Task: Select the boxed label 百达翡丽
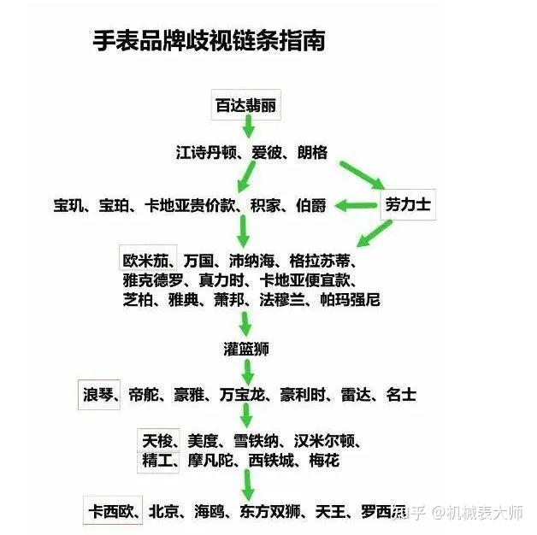click(245, 106)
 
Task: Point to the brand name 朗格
click(312, 154)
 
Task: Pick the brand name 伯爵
click(311, 206)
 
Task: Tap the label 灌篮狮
click(246, 349)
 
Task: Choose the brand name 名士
click(401, 395)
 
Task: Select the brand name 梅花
click(324, 461)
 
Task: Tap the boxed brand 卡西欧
click(112, 512)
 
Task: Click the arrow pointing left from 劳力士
click(355, 206)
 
